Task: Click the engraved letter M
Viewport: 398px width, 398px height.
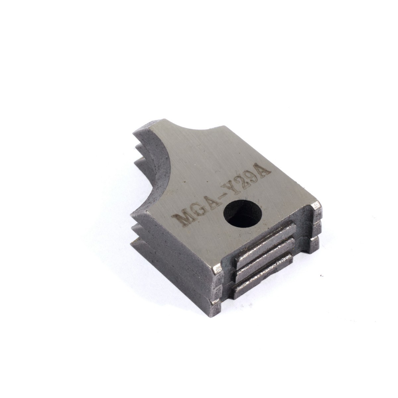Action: coord(182,219)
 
